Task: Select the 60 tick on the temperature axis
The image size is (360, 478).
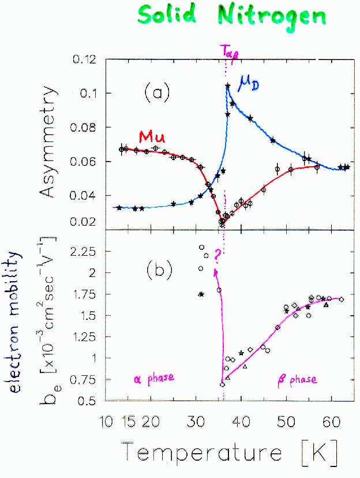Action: click(331, 419)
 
